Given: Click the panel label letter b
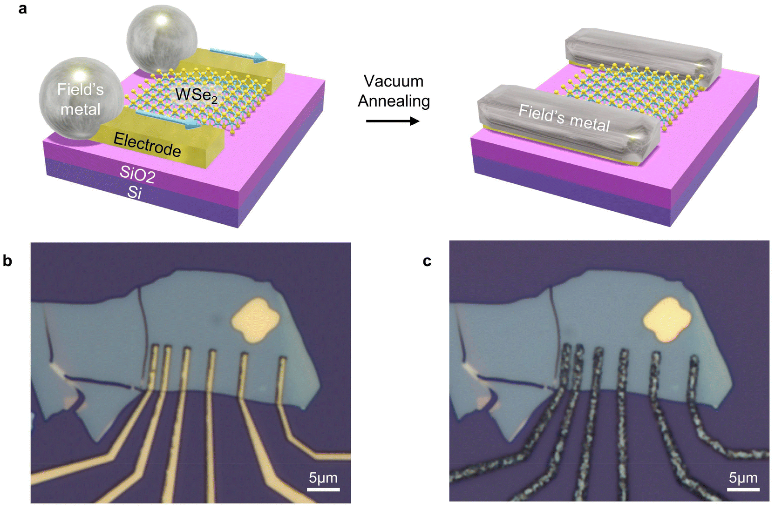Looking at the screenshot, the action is click(7, 261).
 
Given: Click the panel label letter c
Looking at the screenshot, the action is click(427, 261).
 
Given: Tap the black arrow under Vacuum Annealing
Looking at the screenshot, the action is click(393, 121).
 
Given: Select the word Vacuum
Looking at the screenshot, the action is click(394, 81).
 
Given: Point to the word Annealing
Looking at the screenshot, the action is click(394, 101).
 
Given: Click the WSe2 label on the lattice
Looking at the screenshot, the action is click(196, 95).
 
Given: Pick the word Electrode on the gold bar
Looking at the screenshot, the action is click(147, 144).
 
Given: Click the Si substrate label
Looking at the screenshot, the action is click(134, 192).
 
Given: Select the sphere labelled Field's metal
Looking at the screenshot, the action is click(81, 99).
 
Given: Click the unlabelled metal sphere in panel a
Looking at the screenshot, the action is click(162, 40).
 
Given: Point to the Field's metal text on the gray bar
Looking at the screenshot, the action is click(564, 118).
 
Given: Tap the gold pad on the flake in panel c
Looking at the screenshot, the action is click(667, 320).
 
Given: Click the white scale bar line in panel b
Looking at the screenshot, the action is click(324, 489).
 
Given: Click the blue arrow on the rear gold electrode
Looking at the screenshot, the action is click(238, 55).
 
